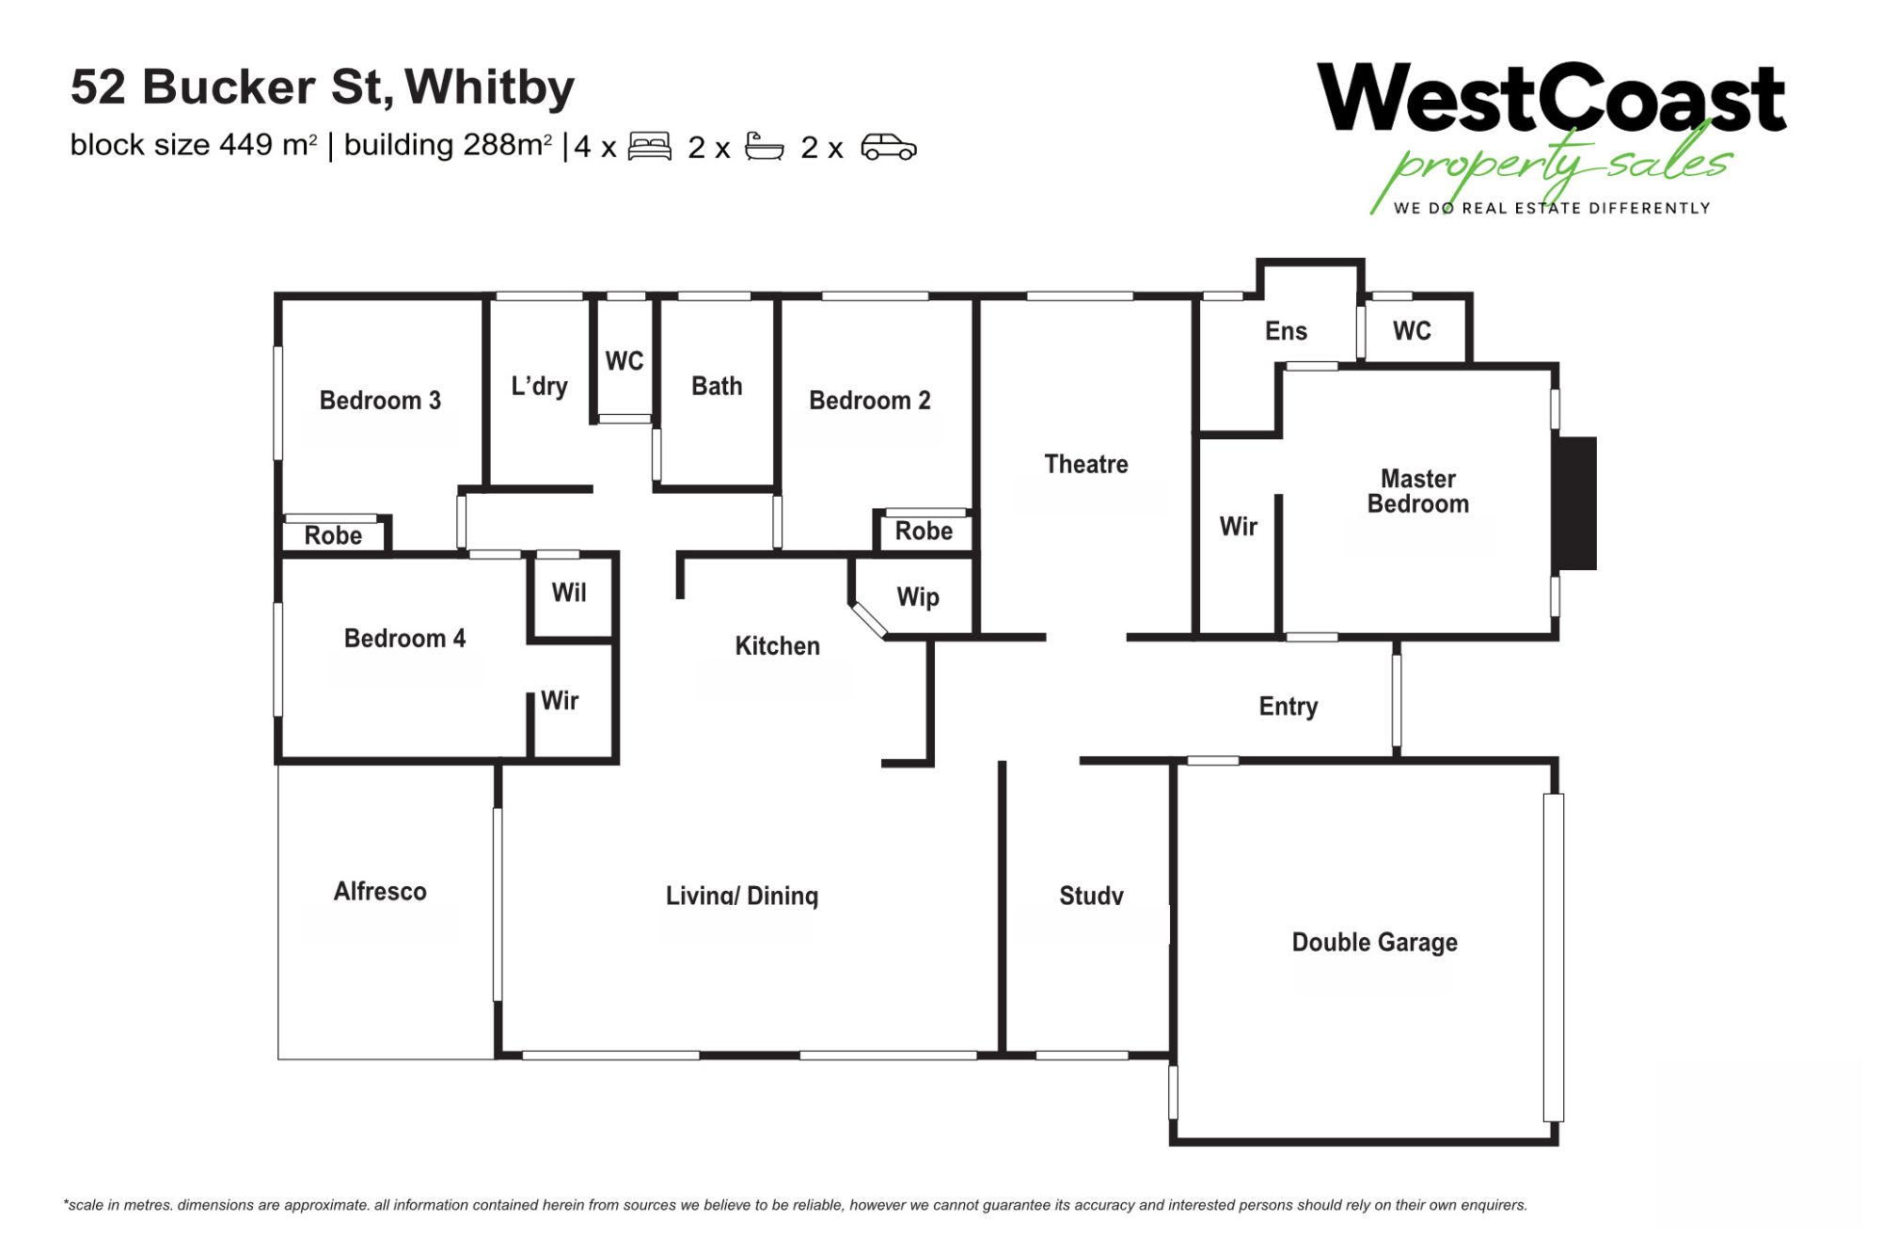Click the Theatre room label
coord(1086,464)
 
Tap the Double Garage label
coord(1374,943)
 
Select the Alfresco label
coord(380,891)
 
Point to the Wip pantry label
coord(918,597)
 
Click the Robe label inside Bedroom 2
coord(924,532)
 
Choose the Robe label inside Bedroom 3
coord(333,536)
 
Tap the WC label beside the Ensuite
coord(1412,331)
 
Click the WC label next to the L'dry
coord(624,361)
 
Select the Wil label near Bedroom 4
coord(569,593)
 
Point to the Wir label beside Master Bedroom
coord(1239,527)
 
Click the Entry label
coord(1288,706)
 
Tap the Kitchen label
coord(777,646)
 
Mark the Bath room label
coord(717,386)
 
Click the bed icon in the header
coord(650,147)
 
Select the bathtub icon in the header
coord(764,147)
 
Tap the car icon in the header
coord(889,148)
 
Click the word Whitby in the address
coord(490,87)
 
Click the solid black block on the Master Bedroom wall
coord(1577,503)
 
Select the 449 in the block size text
coord(246,145)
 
